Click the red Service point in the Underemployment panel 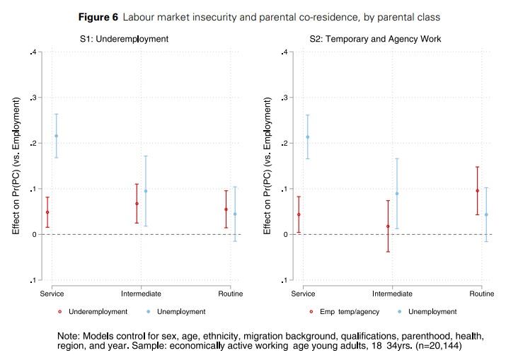[47, 212]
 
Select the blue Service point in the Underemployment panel [56, 136]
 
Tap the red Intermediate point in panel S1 [137, 204]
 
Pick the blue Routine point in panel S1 [234, 214]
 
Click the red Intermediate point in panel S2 [388, 226]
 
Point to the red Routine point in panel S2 [477, 190]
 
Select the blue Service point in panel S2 [307, 137]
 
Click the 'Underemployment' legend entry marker [59, 311]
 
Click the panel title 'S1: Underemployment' [124, 38]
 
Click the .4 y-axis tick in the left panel [30, 52]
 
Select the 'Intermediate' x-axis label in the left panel [141, 293]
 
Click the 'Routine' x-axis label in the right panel [481, 293]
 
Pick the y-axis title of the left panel [14, 166]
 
